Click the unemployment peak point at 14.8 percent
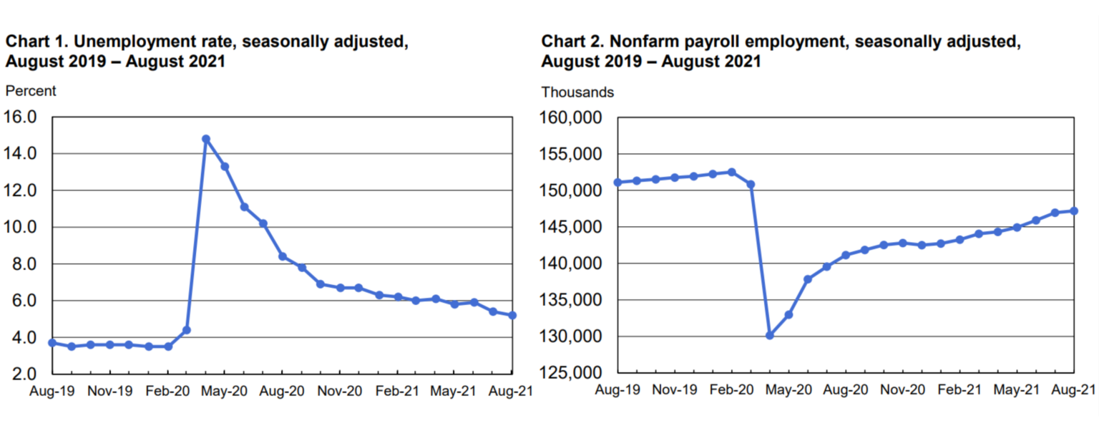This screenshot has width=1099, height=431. coord(206,139)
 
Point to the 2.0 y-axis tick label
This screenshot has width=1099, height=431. coord(24,374)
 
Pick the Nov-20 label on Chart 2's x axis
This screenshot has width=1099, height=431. coord(903,389)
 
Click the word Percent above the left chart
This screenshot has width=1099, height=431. coord(30,91)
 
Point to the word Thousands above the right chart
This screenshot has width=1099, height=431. coord(577,92)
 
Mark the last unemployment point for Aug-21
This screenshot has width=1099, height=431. coord(512,315)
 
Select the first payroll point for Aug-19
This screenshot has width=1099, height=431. coord(617,183)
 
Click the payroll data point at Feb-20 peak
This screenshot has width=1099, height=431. coord(731,172)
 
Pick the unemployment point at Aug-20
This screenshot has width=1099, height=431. coord(283,256)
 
